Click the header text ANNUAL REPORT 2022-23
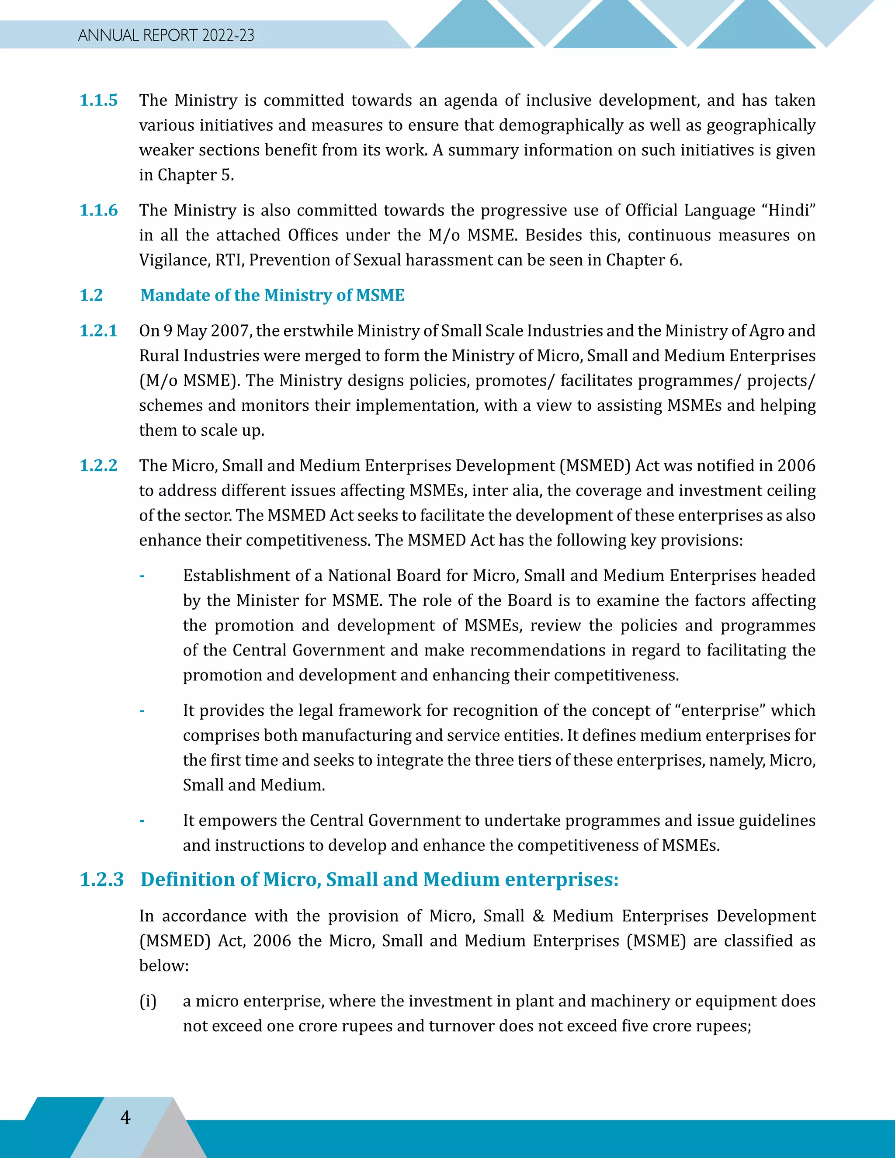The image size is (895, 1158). [x=166, y=35]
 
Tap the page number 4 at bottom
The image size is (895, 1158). [x=125, y=1117]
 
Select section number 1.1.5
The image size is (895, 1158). [x=99, y=100]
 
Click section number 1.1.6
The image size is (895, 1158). [x=99, y=211]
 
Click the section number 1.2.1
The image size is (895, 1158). [x=99, y=331]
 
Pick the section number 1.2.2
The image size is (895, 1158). [x=99, y=465]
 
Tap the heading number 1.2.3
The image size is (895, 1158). [x=102, y=880]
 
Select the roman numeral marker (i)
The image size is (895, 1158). [x=148, y=1001]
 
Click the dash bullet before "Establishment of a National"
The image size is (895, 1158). [x=142, y=576]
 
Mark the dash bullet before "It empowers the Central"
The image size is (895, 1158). [x=142, y=821]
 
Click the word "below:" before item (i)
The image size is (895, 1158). [x=164, y=966]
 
